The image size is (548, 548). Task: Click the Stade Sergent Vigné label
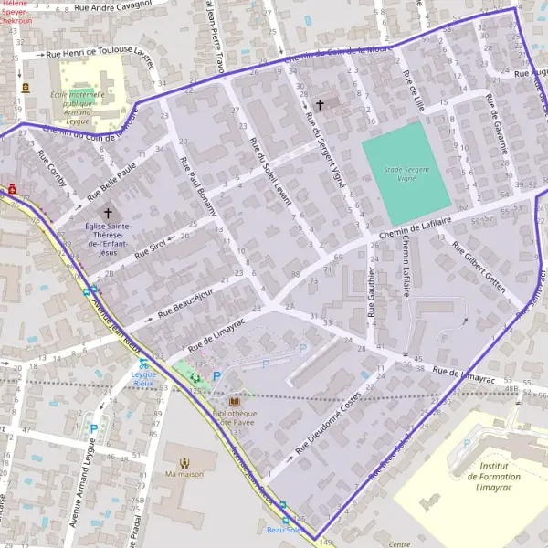pyautogui.click(x=406, y=174)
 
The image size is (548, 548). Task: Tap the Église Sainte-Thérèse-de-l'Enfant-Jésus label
pyautogui.click(x=108, y=239)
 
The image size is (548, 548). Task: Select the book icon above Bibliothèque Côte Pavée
pyautogui.click(x=235, y=400)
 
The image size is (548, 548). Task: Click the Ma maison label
pyautogui.click(x=184, y=474)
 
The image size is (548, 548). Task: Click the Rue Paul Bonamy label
pyautogui.click(x=197, y=186)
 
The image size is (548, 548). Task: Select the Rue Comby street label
pyautogui.click(x=51, y=168)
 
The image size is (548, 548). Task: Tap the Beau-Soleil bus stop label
pyautogui.click(x=284, y=529)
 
